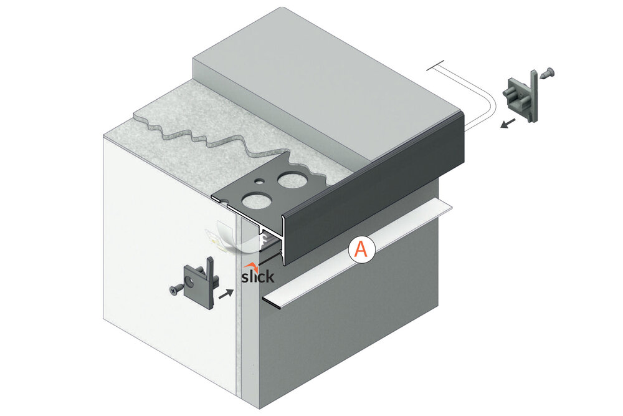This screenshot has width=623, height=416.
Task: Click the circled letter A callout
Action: pos(361,249)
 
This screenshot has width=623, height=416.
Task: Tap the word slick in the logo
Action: pos(258,276)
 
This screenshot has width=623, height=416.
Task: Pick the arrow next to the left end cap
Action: pos(226,294)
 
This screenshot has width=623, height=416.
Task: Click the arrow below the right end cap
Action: pos(508,123)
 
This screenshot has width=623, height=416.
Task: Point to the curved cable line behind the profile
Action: pos(473,95)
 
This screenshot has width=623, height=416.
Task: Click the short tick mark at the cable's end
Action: pos(435,66)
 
